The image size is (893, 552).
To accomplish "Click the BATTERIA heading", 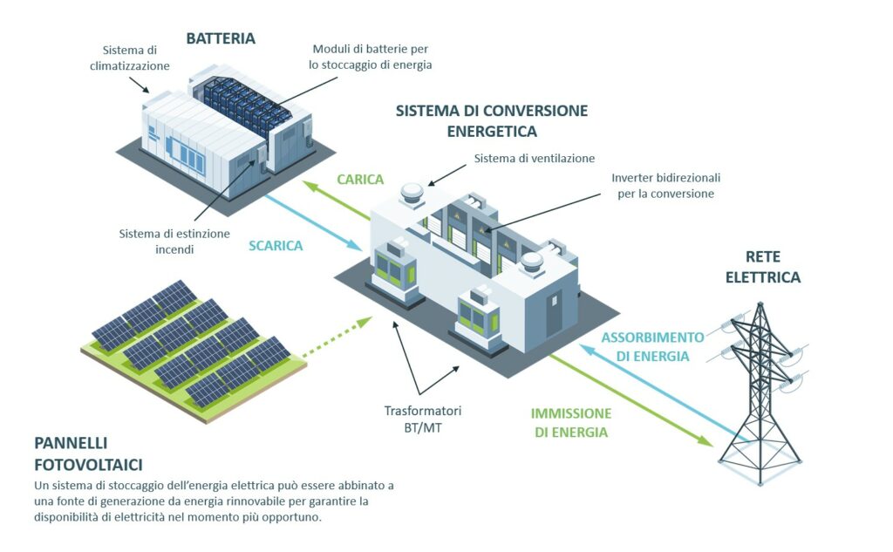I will [221, 38].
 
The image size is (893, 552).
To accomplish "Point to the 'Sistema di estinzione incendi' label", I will [174, 242].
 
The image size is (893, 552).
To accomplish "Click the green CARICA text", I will [360, 180].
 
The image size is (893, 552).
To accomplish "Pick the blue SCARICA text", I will [275, 246].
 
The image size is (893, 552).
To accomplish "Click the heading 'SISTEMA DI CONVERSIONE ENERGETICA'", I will [492, 121].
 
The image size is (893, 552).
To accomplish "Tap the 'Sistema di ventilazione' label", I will [534, 159].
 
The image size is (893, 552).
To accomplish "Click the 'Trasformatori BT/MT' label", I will [422, 417].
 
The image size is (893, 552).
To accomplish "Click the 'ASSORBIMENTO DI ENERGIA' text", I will [653, 346].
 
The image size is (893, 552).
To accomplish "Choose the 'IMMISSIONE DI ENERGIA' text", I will [571, 422].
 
